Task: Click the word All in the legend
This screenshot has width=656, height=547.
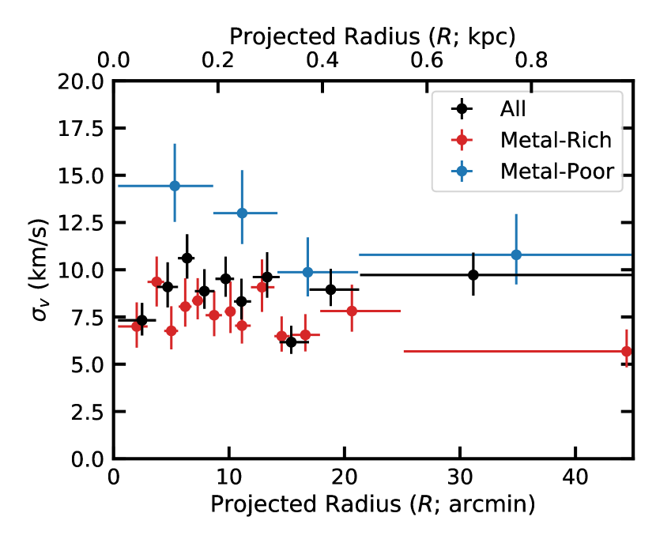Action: [x=512, y=109]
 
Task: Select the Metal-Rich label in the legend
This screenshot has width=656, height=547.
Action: [x=556, y=140]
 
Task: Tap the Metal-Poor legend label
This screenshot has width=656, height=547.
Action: [x=556, y=171]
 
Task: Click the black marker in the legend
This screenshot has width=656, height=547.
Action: [x=460, y=109]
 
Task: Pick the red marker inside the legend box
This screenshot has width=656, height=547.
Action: [x=460, y=140]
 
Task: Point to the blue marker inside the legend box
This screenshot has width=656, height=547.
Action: [x=460, y=171]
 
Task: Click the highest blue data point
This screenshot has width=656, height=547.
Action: [x=175, y=186]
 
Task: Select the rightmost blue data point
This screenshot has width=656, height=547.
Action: [x=516, y=255]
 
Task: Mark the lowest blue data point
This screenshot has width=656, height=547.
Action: [x=307, y=271]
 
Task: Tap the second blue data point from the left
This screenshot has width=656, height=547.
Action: [x=242, y=213]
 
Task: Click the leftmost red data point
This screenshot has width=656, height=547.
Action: [x=136, y=326]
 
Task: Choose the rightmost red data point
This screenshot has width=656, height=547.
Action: [x=627, y=351]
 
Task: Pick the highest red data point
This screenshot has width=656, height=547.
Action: [x=156, y=281]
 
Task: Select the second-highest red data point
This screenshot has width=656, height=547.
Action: [x=262, y=286]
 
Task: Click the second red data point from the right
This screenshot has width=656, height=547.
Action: [x=352, y=311]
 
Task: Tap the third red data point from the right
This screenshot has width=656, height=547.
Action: [x=305, y=335]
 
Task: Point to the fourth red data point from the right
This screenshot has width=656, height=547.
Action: [x=281, y=336]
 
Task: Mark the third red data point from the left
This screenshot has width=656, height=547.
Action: [x=171, y=330]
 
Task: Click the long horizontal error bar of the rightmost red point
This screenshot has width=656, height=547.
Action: [x=514, y=351]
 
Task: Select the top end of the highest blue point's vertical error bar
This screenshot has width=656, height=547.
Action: [x=175, y=144]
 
